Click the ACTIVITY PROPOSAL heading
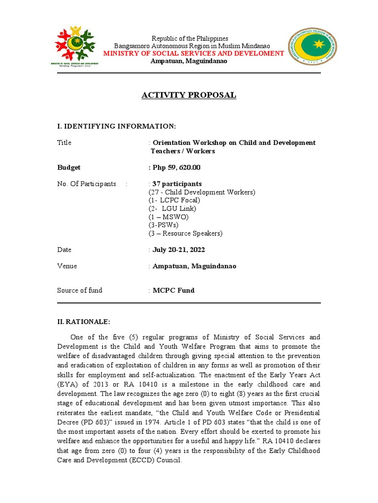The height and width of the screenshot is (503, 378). pyautogui.click(x=189, y=95)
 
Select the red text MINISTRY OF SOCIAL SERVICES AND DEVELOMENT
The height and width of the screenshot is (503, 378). pyautogui.click(x=193, y=53)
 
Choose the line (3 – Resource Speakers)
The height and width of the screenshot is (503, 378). pyautogui.click(x=186, y=233)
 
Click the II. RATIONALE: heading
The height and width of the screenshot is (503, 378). pyautogui.click(x=84, y=322)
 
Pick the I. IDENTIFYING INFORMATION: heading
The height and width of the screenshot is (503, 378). pyautogui.click(x=117, y=126)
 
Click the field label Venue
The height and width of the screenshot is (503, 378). pyautogui.click(x=67, y=266)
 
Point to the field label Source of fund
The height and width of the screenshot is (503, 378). pyautogui.click(x=80, y=290)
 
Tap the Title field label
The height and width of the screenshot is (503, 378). pyautogui.click(x=64, y=142)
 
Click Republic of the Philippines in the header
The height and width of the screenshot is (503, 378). pyautogui.click(x=189, y=38)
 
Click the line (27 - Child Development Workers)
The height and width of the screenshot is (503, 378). pyautogui.click(x=202, y=192)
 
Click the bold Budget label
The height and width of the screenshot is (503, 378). pyautogui.click(x=69, y=168)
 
